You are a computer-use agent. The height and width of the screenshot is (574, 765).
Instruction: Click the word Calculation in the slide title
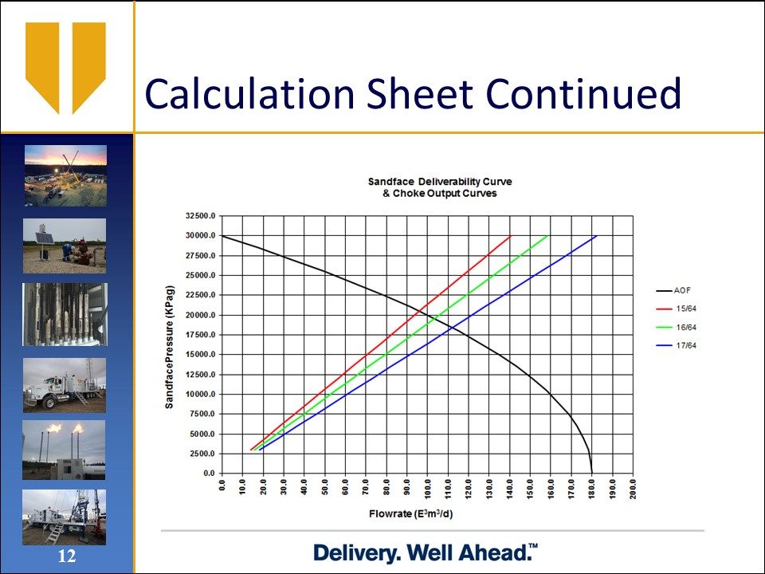tap(249, 93)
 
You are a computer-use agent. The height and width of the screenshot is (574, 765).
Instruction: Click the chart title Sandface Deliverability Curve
tap(440, 182)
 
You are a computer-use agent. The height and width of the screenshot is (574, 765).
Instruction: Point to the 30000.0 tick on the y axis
tap(201, 236)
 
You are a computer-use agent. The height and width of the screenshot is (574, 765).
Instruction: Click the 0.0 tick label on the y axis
tap(210, 474)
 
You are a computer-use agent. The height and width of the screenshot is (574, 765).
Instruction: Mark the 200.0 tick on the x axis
tap(634, 487)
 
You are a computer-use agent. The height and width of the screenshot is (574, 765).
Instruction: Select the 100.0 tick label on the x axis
tap(428, 487)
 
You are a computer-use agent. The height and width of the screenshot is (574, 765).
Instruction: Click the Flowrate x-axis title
tap(411, 514)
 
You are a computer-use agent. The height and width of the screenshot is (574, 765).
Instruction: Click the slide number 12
tap(67, 556)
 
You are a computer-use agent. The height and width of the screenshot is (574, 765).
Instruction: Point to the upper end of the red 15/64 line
tap(510, 236)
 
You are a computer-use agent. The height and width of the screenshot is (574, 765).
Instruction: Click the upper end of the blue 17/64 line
tap(596, 236)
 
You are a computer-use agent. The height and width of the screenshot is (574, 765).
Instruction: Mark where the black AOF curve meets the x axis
tap(592, 473)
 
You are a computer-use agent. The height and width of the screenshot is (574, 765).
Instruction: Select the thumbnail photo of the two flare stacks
tap(64, 450)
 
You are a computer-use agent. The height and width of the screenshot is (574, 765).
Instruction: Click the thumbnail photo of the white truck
tap(65, 385)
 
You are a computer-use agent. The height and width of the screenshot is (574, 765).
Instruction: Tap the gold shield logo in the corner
tap(65, 68)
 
